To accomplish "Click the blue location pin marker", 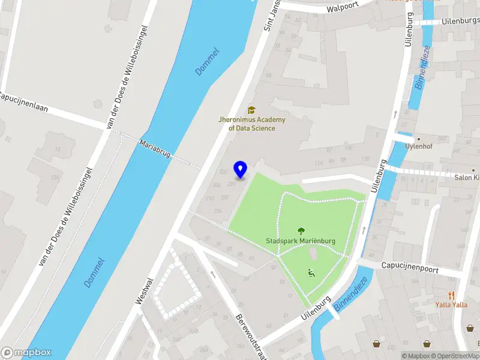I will coord(241,170).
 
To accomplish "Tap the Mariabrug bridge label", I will coord(155,149).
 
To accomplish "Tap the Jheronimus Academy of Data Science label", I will coord(251,124).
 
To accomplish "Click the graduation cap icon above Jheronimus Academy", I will coord(251,110).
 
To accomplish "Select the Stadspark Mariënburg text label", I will coord(301,241).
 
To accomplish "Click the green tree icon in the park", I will coord(301,231).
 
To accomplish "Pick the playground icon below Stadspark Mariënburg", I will coord(311,273).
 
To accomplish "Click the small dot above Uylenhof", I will coord(419,139).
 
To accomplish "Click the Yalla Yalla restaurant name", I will coord(451,304).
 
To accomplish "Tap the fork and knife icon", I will coord(451,295).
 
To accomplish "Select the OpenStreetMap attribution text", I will coord(454,356).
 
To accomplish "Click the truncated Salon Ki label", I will coord(467,177).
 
